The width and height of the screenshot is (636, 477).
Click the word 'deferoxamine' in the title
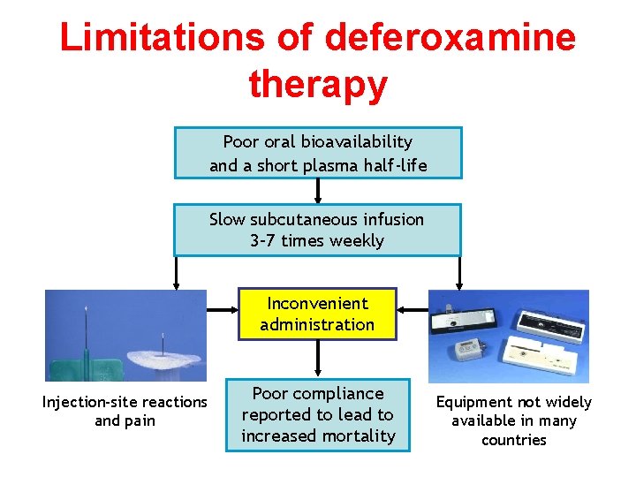coord(450,37)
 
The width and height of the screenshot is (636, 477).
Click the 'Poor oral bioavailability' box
coord(318,153)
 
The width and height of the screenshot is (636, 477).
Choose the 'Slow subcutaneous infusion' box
coord(317,230)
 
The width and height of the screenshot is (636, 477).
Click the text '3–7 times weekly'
coord(317,241)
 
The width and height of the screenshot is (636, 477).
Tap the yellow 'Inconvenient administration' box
coord(317,314)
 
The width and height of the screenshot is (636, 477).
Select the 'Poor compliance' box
coord(318,414)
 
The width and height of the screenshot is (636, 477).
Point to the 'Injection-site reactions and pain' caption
coord(125,412)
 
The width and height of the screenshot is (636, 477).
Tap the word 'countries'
coord(514,440)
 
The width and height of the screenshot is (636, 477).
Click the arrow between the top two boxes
coord(318,191)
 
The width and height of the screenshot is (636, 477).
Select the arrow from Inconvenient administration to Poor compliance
coord(318,358)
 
